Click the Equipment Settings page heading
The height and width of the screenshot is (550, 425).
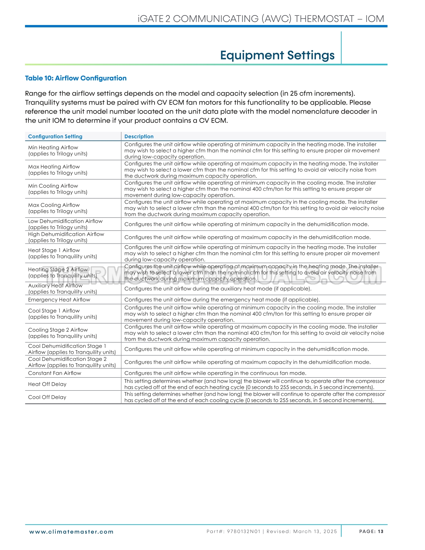click(277, 55)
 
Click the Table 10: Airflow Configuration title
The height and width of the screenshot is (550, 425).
click(76, 78)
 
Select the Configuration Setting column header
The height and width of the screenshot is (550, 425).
click(55, 136)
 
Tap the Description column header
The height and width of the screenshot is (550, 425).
click(139, 136)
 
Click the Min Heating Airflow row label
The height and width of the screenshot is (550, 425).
click(53, 148)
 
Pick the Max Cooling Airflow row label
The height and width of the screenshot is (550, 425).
click(54, 205)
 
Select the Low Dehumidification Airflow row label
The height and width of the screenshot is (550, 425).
click(65, 221)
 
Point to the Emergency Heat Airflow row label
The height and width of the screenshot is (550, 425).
click(59, 300)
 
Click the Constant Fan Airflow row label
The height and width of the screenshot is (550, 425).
click(55, 373)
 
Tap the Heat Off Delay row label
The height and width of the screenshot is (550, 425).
click(47, 384)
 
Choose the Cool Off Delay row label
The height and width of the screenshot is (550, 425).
click(47, 397)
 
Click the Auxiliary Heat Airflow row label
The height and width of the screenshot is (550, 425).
click(55, 286)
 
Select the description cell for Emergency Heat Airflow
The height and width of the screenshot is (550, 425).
click(222, 300)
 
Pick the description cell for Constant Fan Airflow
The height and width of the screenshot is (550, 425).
click(215, 373)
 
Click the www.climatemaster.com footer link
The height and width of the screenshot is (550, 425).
click(71, 532)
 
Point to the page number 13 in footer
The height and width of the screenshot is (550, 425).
click(380, 532)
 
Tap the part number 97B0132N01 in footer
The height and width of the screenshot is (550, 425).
click(243, 532)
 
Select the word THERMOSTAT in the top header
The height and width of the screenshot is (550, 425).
click(324, 19)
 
